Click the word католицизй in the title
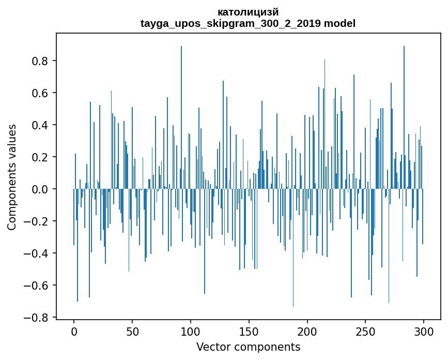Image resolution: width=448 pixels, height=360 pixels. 248,12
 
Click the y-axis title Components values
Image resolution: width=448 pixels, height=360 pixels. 12,177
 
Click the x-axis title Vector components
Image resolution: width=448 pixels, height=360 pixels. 248,347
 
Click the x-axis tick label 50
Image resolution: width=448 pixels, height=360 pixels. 132,332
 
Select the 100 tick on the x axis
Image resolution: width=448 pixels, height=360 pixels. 191,332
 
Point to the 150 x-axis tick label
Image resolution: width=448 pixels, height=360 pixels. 249,332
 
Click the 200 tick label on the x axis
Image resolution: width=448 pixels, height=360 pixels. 307,332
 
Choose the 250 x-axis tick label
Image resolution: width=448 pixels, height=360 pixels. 365,332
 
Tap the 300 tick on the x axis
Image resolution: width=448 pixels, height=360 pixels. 424,332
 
